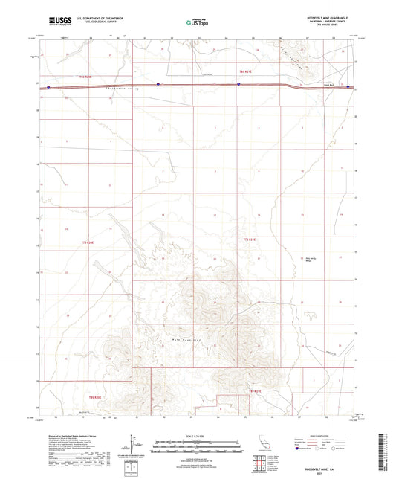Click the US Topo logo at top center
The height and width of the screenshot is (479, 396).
197,23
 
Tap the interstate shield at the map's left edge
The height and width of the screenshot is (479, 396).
49,87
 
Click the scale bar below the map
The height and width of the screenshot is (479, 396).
198,441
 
